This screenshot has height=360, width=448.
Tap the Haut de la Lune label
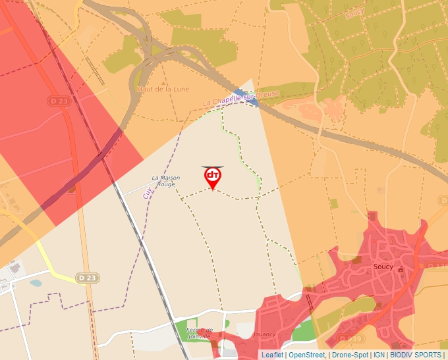click(154, 88)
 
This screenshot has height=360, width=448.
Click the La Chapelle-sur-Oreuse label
click(240, 99)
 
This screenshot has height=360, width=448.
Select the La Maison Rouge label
click(165, 181)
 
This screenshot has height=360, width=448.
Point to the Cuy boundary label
click(147, 192)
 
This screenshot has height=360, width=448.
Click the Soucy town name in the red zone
click(383, 267)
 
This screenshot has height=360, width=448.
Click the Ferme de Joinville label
click(199, 332)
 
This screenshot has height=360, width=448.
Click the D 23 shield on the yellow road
click(86, 278)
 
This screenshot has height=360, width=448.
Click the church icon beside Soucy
click(400, 269)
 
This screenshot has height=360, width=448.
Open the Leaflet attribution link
click(273, 355)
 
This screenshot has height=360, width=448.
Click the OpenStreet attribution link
click(307, 355)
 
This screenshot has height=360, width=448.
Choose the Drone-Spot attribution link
click(350, 355)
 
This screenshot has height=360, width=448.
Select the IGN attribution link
click(379, 355)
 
